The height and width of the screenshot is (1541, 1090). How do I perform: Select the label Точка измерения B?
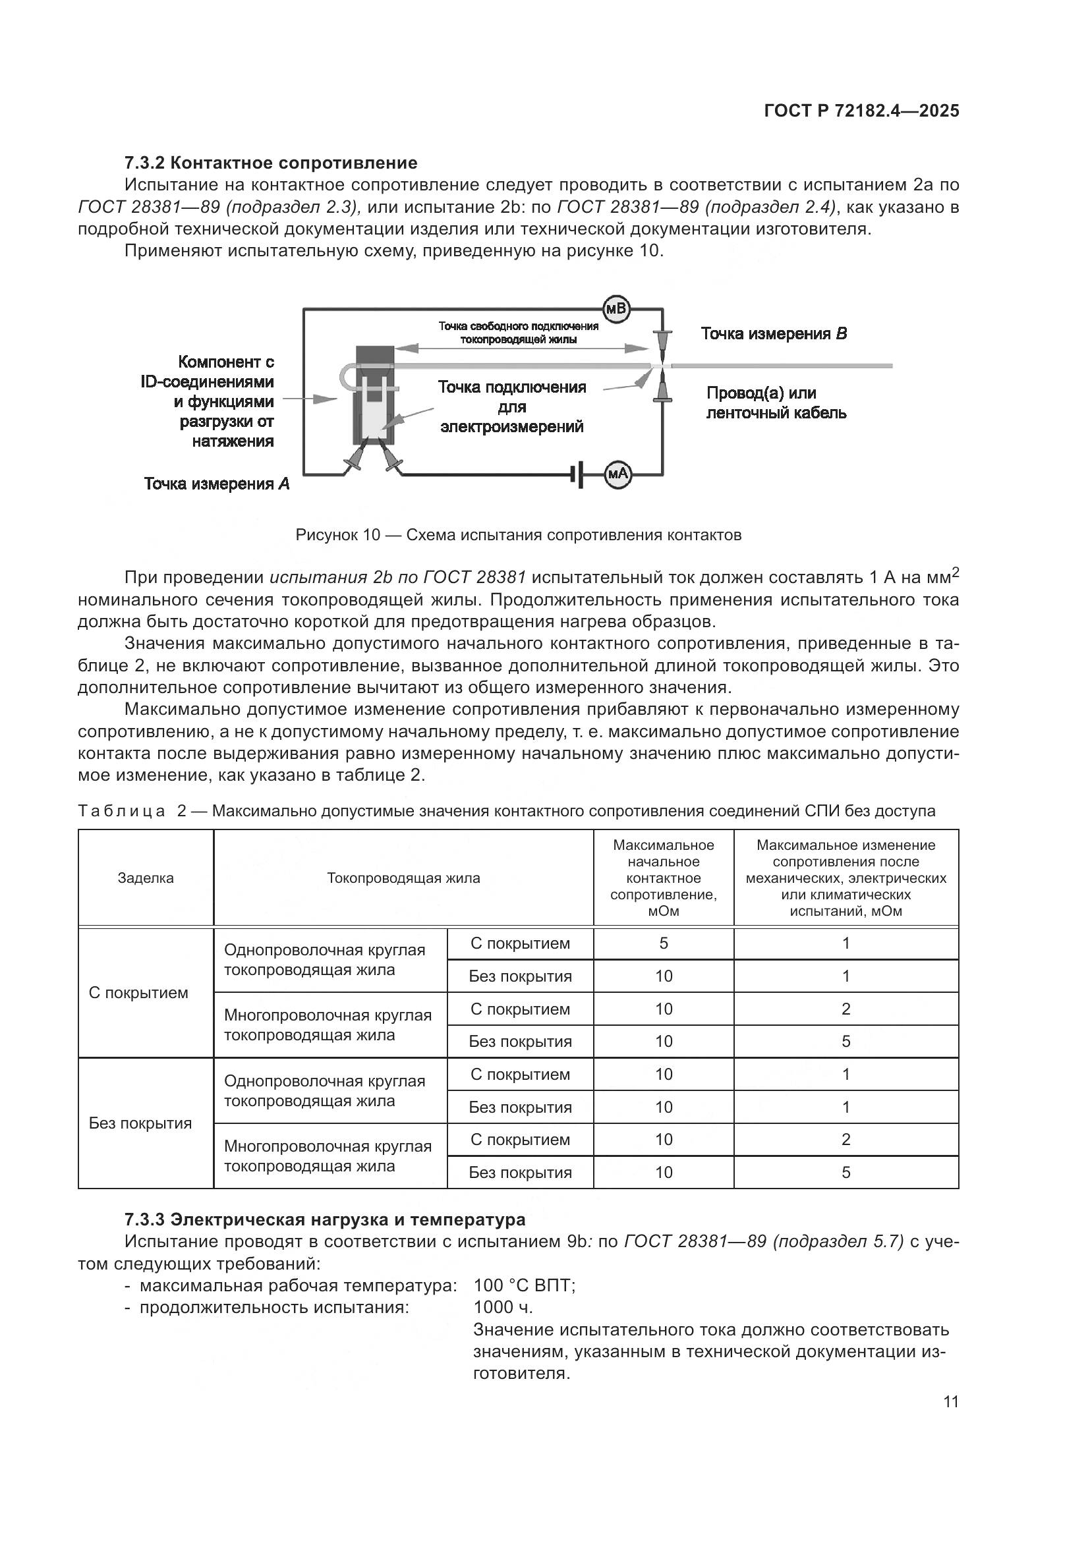coord(774,334)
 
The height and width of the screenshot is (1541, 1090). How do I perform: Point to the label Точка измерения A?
coord(217,484)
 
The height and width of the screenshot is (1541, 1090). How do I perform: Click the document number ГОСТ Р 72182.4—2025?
coord(862,111)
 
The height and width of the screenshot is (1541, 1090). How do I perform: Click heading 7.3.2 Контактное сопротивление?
coord(270,163)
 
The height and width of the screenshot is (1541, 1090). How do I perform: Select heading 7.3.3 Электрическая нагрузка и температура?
coord(325,1219)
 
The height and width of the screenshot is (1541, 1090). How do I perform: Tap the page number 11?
coord(950,1401)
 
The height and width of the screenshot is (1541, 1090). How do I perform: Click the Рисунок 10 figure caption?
coord(518,535)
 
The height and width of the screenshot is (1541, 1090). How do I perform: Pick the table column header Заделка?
coord(146,878)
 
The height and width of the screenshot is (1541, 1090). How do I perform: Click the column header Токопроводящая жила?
coord(403,878)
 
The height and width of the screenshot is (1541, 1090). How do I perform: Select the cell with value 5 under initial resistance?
coord(663,943)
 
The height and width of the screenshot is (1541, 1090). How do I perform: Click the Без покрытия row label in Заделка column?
coord(140,1123)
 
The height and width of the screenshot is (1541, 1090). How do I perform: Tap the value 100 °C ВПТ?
coord(524,1285)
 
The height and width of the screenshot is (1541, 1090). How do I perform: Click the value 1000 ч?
coord(503,1306)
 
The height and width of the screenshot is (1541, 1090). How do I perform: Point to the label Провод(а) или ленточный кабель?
coord(776,403)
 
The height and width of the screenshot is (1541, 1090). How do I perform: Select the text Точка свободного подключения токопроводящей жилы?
coord(518,333)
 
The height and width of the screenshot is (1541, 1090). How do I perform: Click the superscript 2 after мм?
coord(956,572)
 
